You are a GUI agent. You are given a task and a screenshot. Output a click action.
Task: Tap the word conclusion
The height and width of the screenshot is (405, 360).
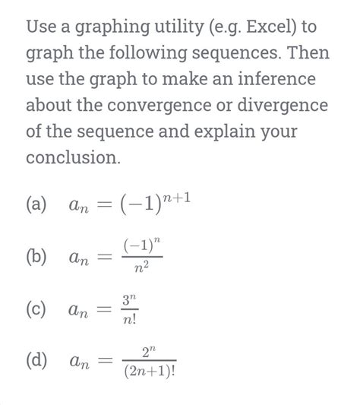[x=73, y=158]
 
